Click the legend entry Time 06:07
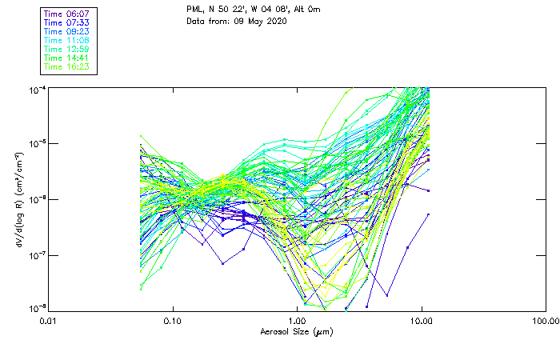coord(66,14)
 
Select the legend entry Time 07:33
coord(66,22)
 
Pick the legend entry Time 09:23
coord(66,31)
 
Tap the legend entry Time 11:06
coord(66,40)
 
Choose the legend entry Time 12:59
coord(66,49)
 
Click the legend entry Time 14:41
coord(66,58)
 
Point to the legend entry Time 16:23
coord(66,66)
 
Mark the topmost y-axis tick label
coord(37,88)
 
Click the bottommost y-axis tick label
coord(37,309)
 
